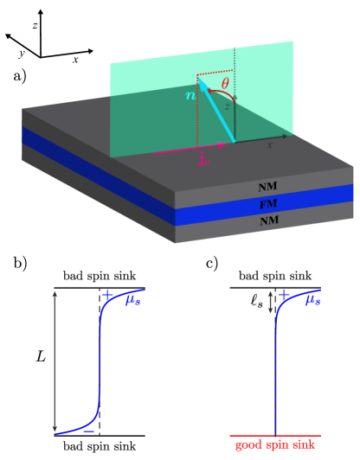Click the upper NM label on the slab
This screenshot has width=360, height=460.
coord(268,187)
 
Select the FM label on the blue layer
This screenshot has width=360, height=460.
coord(268,204)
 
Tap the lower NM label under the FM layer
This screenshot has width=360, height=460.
coord(269,221)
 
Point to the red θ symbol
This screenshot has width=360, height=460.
coord(225,83)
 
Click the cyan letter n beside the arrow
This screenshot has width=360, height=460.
coord(190,95)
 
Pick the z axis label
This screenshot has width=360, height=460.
coord(228,105)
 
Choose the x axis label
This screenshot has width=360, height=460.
coord(269,144)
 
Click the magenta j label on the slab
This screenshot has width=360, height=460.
coord(204,158)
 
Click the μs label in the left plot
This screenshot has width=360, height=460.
coord(132,300)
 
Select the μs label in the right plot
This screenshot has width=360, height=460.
coord(312,300)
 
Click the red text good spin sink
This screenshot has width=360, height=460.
coord(274,445)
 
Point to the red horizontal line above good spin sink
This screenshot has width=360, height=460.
coord(274,435)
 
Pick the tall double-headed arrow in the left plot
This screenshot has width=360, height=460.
coord(55,361)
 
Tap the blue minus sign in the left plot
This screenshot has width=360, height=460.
coord(88,429)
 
